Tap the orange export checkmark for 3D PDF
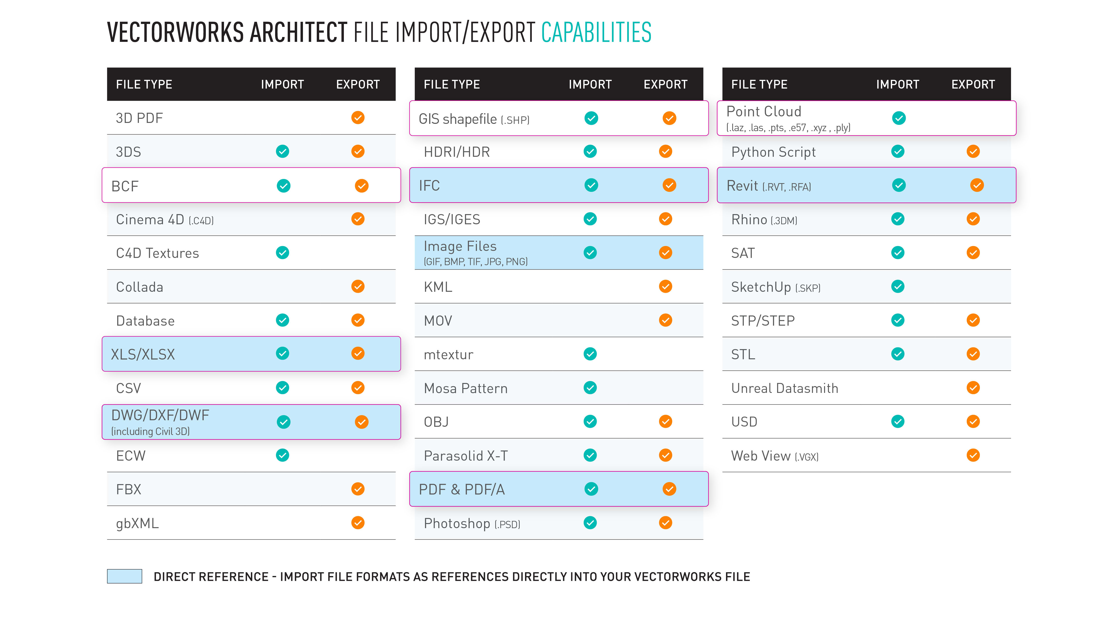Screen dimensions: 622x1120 (358, 118)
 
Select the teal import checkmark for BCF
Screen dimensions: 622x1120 (284, 186)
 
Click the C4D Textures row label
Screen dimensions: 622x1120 (157, 253)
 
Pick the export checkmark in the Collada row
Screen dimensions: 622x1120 (358, 287)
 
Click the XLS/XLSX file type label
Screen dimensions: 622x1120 (143, 354)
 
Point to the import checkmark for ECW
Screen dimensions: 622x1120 (283, 455)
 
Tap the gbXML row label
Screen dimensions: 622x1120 (137, 523)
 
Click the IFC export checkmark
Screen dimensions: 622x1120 (669, 186)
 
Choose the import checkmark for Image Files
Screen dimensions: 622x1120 (590, 253)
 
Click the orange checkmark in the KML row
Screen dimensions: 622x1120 (665, 287)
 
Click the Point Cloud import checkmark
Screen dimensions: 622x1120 (899, 118)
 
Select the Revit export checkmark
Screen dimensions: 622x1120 (977, 186)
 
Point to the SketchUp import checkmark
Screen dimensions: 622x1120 (898, 287)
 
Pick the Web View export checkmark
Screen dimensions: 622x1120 (973, 455)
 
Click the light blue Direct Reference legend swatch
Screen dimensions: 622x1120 (124, 576)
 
